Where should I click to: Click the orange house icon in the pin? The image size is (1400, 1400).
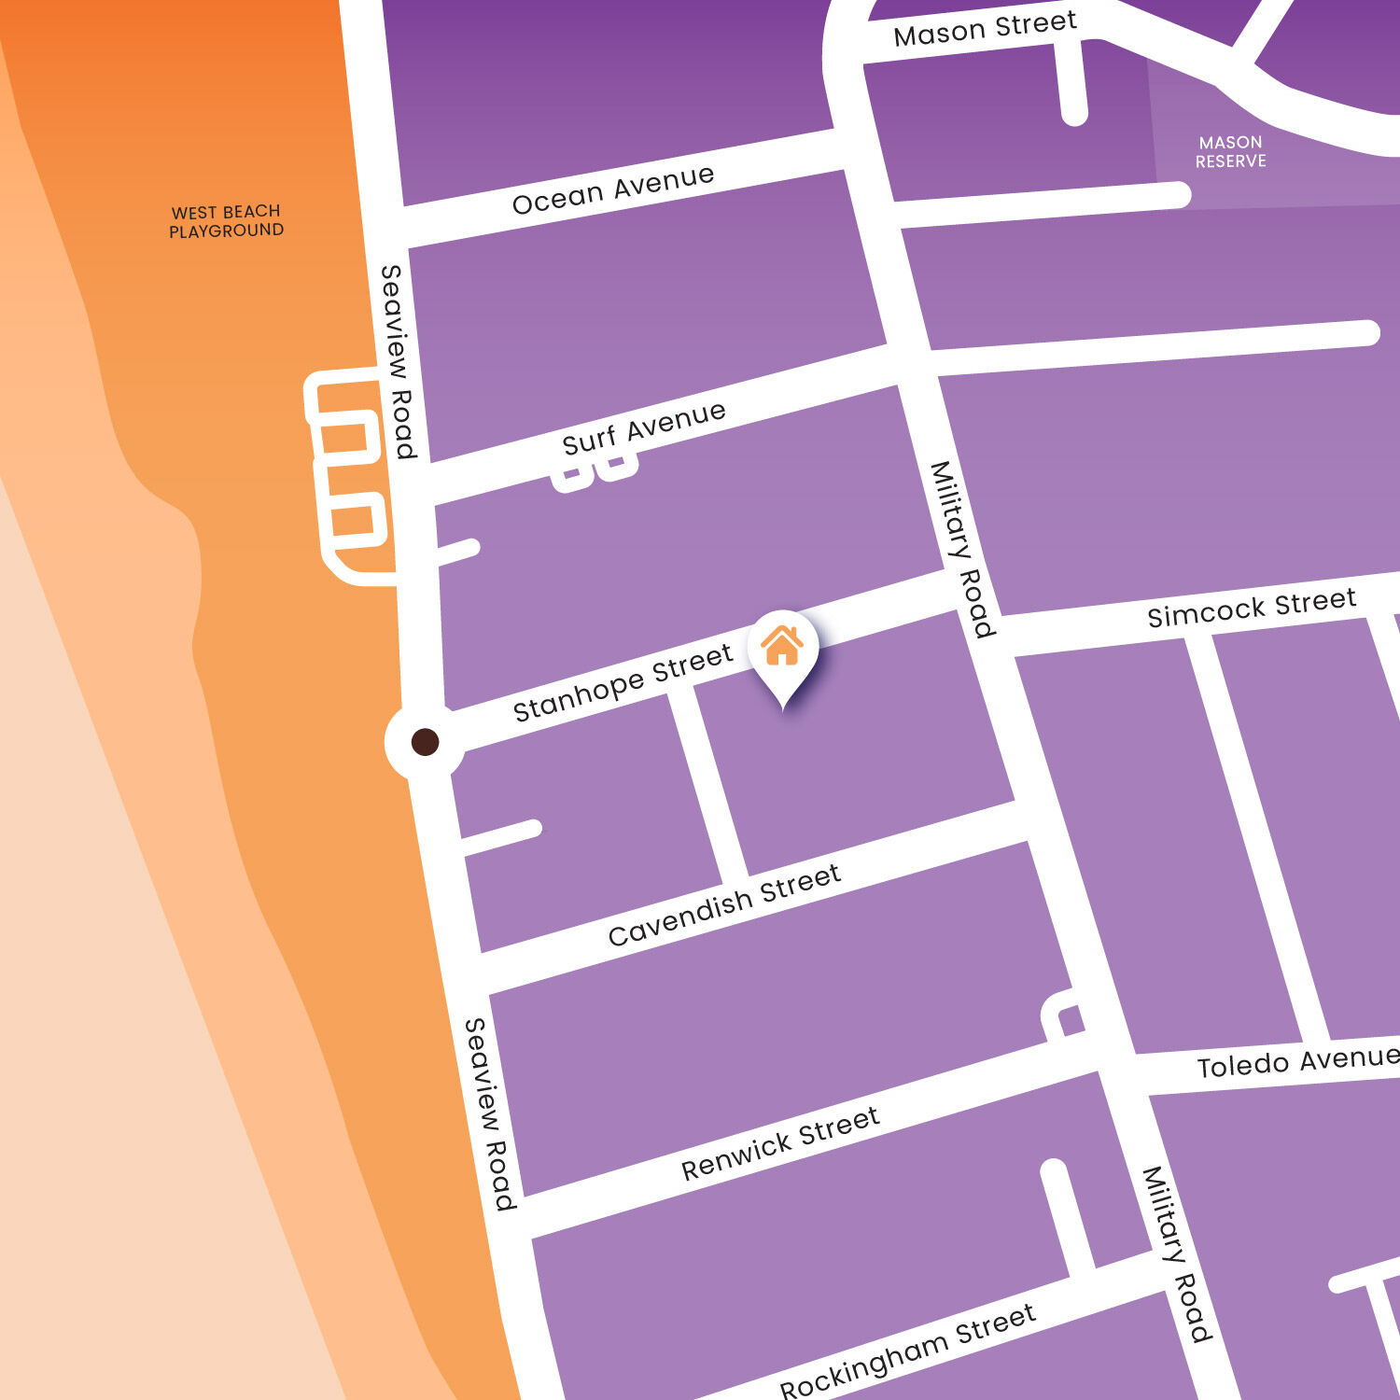pos(782,645)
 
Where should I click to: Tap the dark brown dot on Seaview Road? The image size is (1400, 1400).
pos(426,742)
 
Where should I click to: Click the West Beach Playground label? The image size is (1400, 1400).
pos(226,221)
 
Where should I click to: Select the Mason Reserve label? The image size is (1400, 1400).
pos(1231,152)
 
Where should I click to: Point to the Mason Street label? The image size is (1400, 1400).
pos(985,28)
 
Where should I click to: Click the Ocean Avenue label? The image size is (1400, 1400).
pos(613,189)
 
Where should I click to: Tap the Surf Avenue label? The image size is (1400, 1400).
pos(644,428)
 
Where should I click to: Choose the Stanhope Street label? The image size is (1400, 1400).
pos(623,683)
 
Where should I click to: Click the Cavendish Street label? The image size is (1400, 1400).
pos(724,904)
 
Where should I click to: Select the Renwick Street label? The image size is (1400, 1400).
pos(780,1143)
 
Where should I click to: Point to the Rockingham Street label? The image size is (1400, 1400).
pos(907,1351)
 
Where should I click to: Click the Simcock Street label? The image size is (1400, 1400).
pos(1252,608)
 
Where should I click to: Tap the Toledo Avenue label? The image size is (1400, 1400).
pos(1297,1062)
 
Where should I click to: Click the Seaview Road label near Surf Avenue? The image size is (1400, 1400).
pos(399,361)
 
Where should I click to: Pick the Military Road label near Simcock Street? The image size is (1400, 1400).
pos(962,549)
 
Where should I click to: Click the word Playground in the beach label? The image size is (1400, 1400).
pos(226,231)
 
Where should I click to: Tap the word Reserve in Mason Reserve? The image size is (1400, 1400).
pos(1231,161)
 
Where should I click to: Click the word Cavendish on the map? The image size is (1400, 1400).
pos(680,918)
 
